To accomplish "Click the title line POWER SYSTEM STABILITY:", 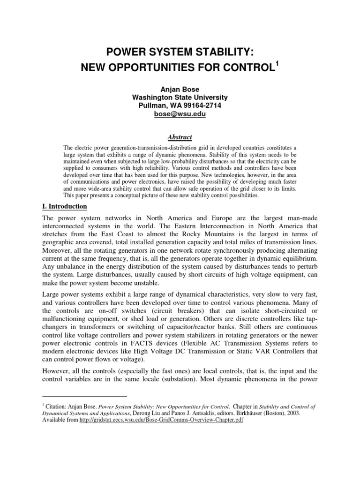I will click(180, 51).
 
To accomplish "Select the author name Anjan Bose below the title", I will click(180, 89).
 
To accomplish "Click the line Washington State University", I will click(180, 97).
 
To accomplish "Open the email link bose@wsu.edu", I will click(180, 114).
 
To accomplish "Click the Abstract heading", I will click(180, 137).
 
